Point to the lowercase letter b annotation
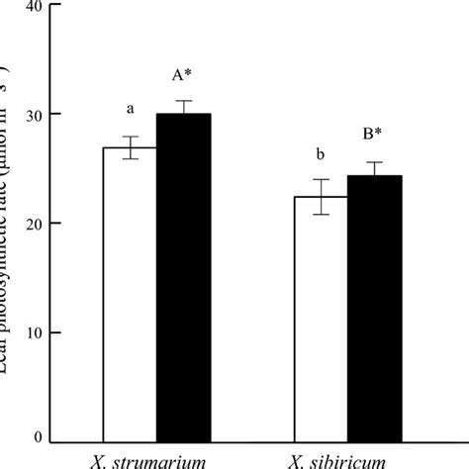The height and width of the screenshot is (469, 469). click(x=320, y=155)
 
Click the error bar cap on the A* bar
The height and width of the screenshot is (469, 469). click(x=184, y=101)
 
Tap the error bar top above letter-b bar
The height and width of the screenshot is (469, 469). click(x=321, y=179)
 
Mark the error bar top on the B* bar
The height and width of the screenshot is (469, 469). click(x=374, y=162)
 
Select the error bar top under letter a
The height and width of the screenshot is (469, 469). click(x=131, y=137)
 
